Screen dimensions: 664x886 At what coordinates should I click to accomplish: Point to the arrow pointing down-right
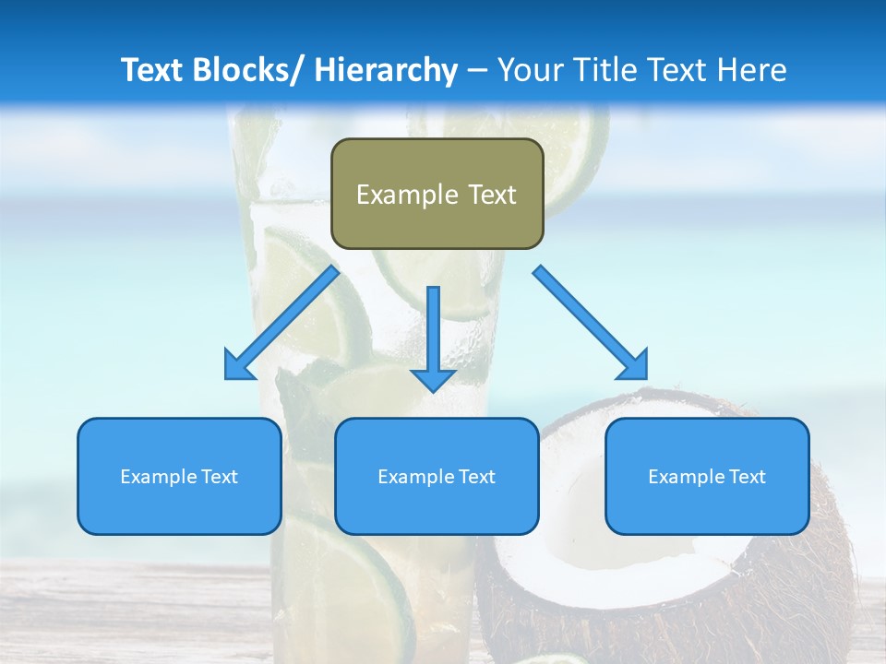tap(591, 323)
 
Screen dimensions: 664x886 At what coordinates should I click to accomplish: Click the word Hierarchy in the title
tap(386, 70)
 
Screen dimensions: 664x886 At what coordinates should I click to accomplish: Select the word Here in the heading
tap(752, 70)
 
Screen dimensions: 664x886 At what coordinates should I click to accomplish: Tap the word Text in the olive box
tap(490, 195)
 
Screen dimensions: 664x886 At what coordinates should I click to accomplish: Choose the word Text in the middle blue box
tap(474, 477)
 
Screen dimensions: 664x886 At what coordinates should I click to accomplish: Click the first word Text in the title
tap(153, 70)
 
